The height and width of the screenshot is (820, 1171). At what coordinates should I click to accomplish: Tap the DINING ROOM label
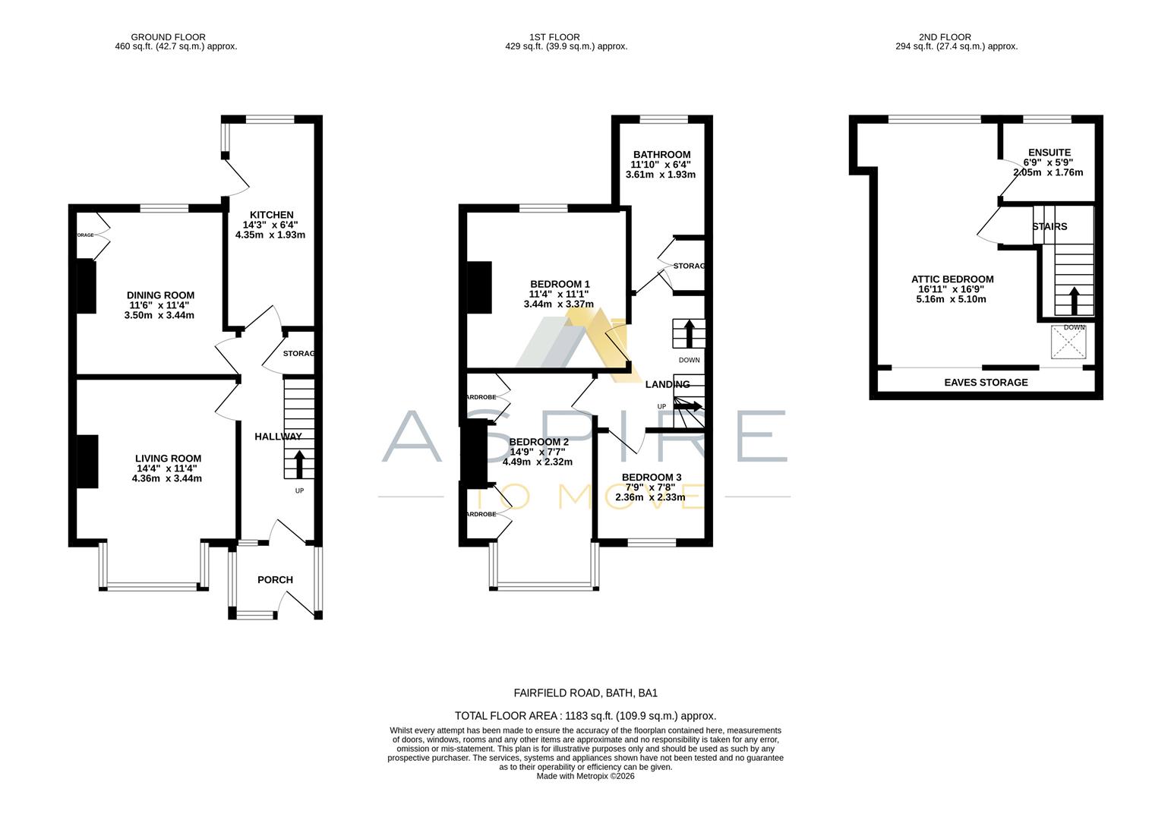(x=160, y=295)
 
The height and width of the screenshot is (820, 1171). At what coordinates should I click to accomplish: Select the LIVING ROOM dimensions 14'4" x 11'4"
(x=167, y=468)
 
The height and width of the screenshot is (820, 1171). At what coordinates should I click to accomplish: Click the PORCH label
(x=275, y=580)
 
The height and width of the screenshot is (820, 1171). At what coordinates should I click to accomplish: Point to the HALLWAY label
(x=278, y=437)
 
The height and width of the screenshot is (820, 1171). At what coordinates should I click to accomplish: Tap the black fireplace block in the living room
(x=87, y=462)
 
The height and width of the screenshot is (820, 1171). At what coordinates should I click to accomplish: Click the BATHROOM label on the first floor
(x=661, y=155)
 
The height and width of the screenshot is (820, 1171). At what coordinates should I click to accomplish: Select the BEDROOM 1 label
(x=560, y=284)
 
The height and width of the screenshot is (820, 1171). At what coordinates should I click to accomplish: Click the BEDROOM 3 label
(x=651, y=478)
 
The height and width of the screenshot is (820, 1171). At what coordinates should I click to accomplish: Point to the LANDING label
(x=668, y=385)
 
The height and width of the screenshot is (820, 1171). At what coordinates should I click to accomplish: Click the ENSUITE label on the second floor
(x=1049, y=153)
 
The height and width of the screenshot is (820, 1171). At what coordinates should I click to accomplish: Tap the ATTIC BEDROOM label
(x=952, y=279)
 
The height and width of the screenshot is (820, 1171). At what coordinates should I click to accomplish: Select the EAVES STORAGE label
(x=986, y=383)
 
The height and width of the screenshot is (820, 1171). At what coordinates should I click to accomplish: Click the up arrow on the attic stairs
(x=1073, y=300)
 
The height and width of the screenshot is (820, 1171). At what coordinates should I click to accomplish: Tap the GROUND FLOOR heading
(x=168, y=37)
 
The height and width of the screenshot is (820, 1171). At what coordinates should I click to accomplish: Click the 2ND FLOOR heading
(x=944, y=37)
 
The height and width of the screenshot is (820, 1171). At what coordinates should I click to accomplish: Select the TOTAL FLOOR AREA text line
(x=585, y=716)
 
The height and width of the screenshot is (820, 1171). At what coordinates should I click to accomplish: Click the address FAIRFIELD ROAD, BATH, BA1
(x=585, y=693)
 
